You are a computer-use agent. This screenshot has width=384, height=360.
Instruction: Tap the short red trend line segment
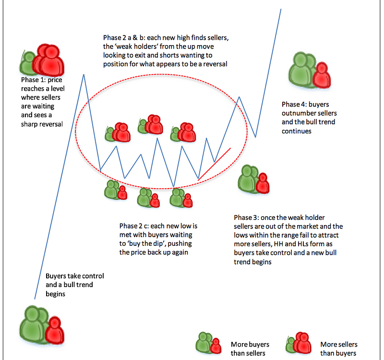pos(215,163)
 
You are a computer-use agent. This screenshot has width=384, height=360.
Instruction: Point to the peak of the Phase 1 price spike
pos(84,74)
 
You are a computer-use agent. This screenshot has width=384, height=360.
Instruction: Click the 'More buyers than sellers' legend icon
pos(208,344)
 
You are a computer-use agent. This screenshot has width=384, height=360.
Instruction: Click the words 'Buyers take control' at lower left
pos(74,276)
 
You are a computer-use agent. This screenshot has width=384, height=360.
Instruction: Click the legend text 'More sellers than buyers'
pos(339,349)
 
